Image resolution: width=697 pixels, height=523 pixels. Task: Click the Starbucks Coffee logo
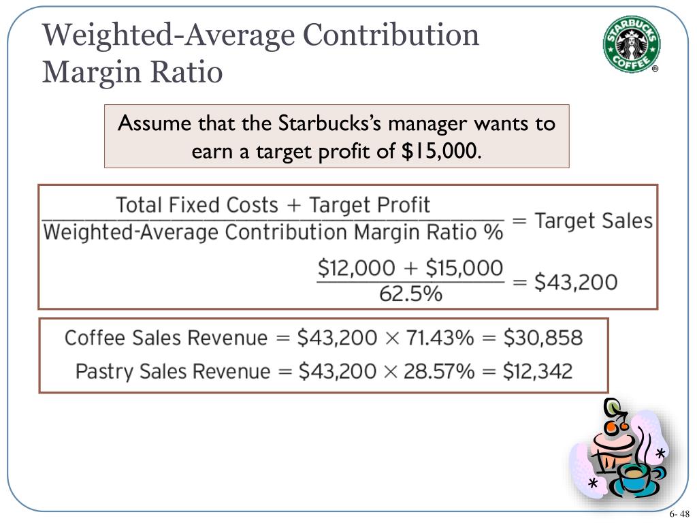pos(630,43)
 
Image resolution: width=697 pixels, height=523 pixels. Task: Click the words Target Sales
pos(594,221)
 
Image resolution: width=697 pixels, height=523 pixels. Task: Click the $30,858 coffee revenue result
pos(543,337)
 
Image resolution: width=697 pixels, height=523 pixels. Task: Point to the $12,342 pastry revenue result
pos(538,371)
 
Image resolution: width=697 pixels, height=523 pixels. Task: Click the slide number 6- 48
pos(679,513)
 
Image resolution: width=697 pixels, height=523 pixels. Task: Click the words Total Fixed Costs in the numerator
pos(197,205)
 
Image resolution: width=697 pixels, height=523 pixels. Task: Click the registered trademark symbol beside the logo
pos(655,69)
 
